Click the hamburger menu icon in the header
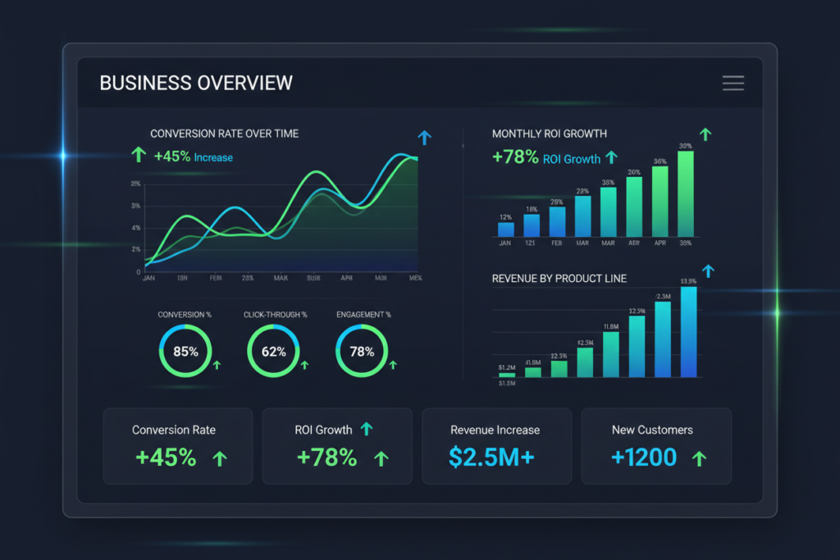click(733, 83)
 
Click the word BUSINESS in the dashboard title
click(144, 83)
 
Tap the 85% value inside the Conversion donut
click(185, 352)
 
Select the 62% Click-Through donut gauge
click(274, 352)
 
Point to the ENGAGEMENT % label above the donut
click(363, 314)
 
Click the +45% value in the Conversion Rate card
click(166, 458)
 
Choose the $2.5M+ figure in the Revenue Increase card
click(491, 458)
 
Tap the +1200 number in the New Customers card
click(644, 458)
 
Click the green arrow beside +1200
click(699, 458)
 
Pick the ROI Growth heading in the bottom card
click(323, 430)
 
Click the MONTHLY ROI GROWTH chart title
click(550, 134)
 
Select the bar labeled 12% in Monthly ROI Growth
click(506, 229)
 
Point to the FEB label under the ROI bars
click(557, 244)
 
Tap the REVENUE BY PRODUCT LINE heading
click(559, 279)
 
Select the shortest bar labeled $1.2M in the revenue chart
click(507, 374)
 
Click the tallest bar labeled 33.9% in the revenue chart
click(689, 332)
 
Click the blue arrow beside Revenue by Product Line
click(709, 271)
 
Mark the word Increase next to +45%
click(213, 157)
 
